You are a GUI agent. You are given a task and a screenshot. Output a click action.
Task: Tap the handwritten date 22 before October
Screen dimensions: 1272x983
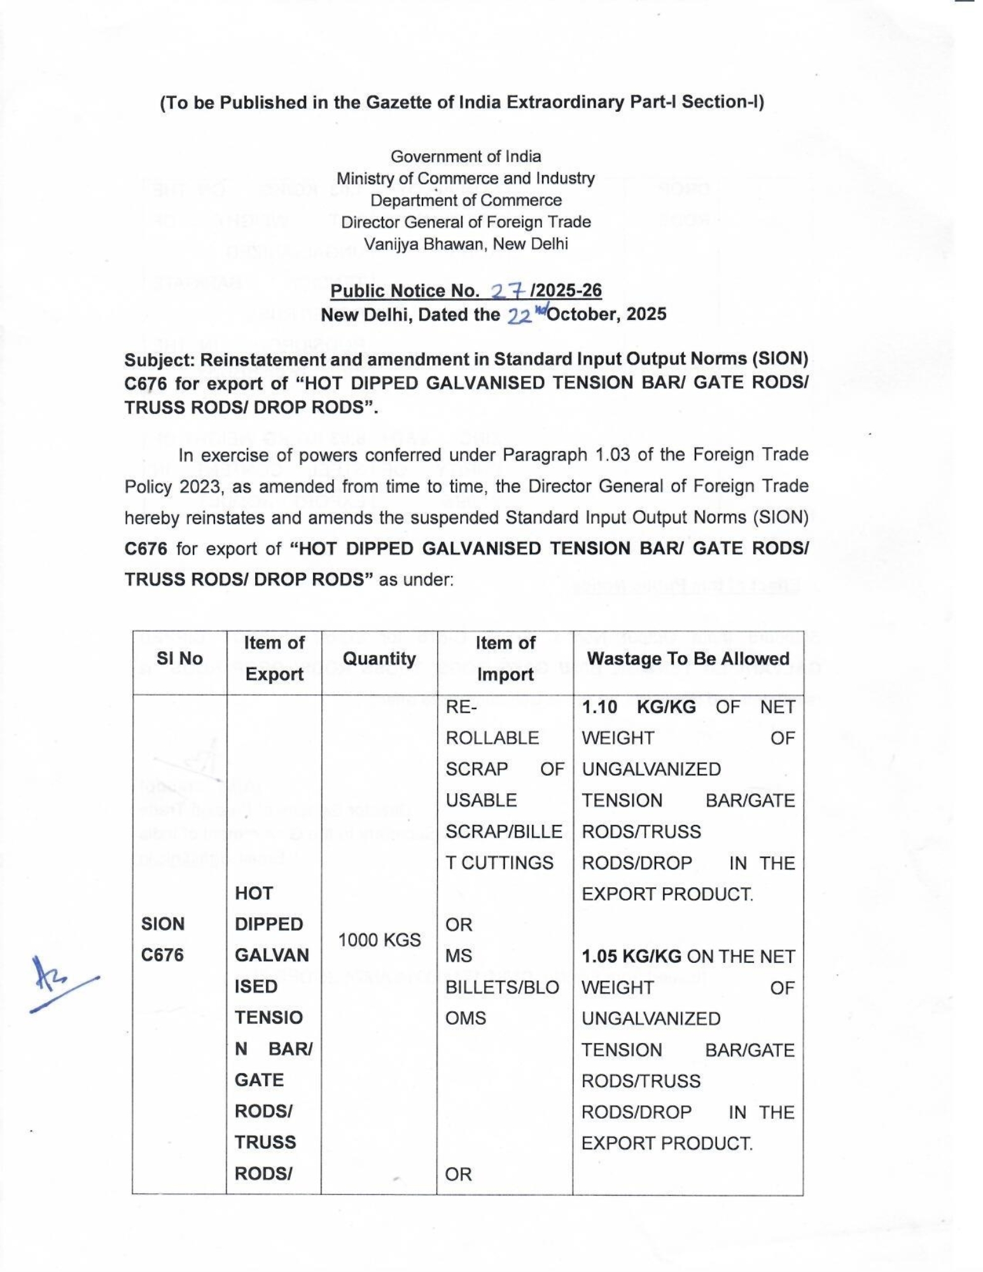pyautogui.click(x=519, y=316)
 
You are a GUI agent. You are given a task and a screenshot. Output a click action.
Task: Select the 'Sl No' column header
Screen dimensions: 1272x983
pyautogui.click(x=179, y=658)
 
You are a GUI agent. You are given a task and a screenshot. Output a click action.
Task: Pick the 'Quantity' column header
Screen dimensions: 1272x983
pyautogui.click(x=379, y=658)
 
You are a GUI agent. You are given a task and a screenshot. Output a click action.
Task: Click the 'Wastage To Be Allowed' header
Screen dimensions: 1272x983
pyautogui.click(x=688, y=658)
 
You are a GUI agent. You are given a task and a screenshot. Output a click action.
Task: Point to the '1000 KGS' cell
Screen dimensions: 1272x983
pyautogui.click(x=379, y=939)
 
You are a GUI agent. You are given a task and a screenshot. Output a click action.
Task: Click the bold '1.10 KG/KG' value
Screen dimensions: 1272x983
pyautogui.click(x=639, y=707)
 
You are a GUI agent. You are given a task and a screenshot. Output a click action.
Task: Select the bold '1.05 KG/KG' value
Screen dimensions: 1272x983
pyautogui.click(x=631, y=957)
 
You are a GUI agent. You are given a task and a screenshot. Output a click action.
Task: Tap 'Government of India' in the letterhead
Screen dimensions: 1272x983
pyautogui.click(x=466, y=156)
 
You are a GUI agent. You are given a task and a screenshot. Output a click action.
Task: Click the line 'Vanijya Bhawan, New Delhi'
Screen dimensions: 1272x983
pyautogui.click(x=466, y=244)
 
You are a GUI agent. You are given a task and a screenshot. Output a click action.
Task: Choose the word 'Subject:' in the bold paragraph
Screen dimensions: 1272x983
pyautogui.click(x=160, y=359)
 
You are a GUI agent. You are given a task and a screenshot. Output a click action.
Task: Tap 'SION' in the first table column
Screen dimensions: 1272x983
pyautogui.click(x=163, y=923)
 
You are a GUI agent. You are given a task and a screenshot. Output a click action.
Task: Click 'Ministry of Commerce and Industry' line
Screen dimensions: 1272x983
pyautogui.click(x=466, y=179)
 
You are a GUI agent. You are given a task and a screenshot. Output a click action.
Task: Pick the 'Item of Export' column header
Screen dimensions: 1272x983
pyautogui.click(x=274, y=658)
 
